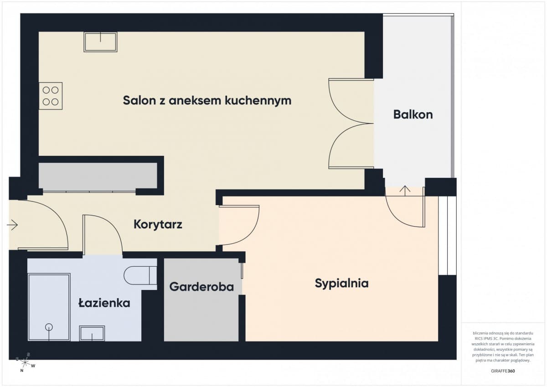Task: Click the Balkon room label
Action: point(413,114)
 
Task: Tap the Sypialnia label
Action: point(341,283)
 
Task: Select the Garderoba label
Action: point(201,287)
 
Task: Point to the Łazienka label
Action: point(104,303)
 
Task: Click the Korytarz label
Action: point(158,224)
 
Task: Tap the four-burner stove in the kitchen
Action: point(51,96)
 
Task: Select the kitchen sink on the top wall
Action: point(100,42)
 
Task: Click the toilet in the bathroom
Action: point(140,275)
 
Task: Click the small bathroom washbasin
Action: point(92,333)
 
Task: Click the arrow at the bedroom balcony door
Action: point(405,190)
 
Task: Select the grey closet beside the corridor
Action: point(98,176)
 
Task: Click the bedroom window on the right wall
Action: point(447,236)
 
